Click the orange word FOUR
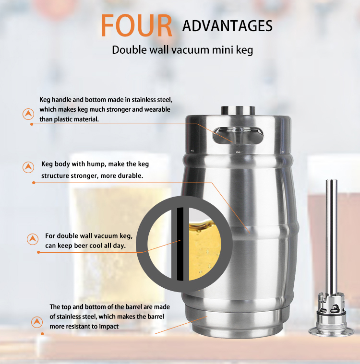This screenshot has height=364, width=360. (136, 25)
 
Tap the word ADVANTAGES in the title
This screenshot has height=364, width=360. (228, 26)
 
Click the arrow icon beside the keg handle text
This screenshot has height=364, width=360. (28, 114)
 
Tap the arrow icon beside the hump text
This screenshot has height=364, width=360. (28, 167)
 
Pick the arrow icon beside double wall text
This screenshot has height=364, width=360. (33, 239)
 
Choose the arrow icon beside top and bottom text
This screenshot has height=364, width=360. (37, 322)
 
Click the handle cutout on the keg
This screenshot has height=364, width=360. (238, 135)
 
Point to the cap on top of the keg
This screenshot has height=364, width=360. (238, 110)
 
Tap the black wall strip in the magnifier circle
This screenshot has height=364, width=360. (180, 244)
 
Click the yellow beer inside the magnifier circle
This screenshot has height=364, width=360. (204, 249)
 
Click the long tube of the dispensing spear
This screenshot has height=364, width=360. (331, 237)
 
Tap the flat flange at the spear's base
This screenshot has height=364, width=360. (331, 331)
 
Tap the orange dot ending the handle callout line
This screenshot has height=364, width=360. (32, 124)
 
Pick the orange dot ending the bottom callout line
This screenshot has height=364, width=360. (42, 334)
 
